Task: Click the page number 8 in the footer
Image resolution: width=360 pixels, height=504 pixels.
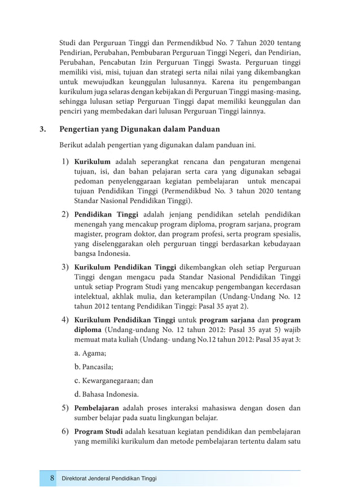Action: [52, 479]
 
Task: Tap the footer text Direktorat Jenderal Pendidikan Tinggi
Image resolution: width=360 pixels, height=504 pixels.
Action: [109, 479]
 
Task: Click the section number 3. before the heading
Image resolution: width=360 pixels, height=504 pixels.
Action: [43, 129]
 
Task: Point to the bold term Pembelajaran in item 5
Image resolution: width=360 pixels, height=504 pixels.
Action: [96, 408]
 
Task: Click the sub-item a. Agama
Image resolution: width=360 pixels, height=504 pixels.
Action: [90, 353]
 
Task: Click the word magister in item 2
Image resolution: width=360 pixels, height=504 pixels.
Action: [90, 234]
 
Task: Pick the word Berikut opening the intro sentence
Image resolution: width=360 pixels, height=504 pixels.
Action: [73, 145]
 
